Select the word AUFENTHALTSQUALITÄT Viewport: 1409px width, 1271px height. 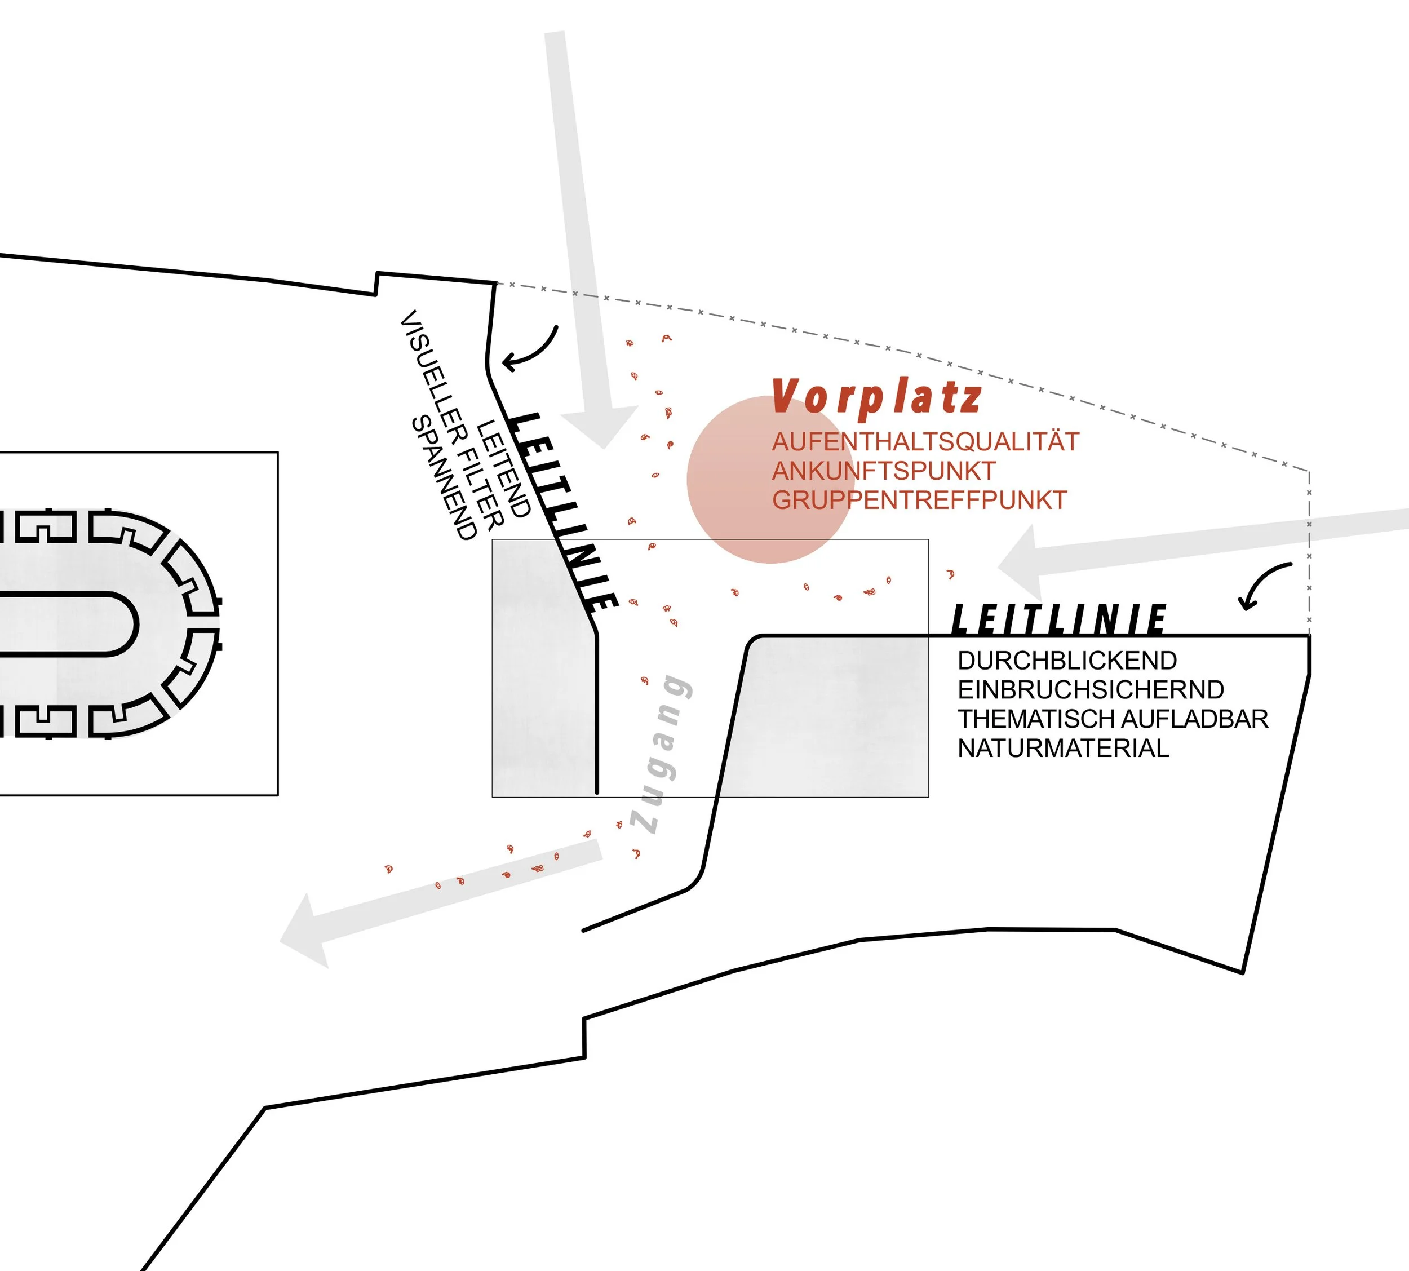[925, 442]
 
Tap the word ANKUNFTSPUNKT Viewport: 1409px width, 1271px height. [883, 471]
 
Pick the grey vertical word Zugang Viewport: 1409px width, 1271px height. [662, 754]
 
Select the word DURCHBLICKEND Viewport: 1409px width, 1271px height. [1067, 661]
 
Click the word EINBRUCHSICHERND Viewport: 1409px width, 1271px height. [1091, 690]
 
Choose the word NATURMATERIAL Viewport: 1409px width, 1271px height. [1063, 749]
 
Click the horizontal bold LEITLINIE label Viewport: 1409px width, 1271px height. [1058, 619]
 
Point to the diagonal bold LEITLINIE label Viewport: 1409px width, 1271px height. [565, 512]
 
